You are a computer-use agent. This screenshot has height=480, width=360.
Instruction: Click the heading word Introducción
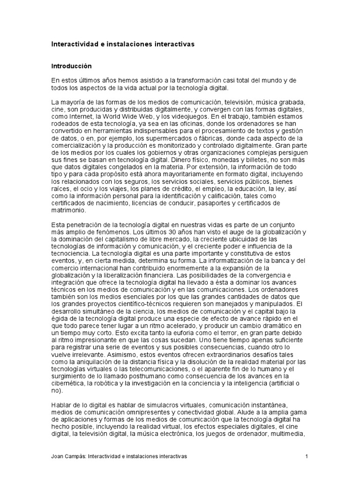tap(71, 66)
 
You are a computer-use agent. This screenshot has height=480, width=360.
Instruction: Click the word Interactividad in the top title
tap(73, 44)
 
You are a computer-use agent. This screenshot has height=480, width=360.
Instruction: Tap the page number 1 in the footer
tap(306, 456)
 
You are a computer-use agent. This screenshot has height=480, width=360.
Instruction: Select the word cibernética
tap(67, 376)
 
